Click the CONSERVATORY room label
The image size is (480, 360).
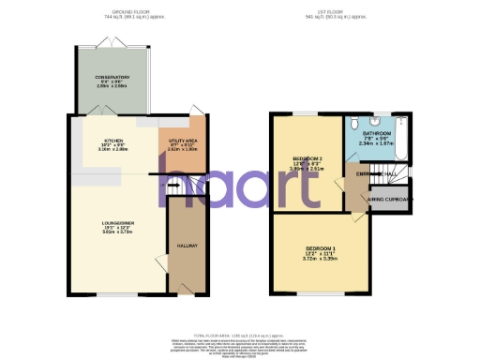click(x=112, y=77)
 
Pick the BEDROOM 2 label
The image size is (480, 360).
click(x=307, y=157)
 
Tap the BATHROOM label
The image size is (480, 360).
click(x=377, y=134)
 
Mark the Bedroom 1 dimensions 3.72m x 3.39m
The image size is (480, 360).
click(x=321, y=259)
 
